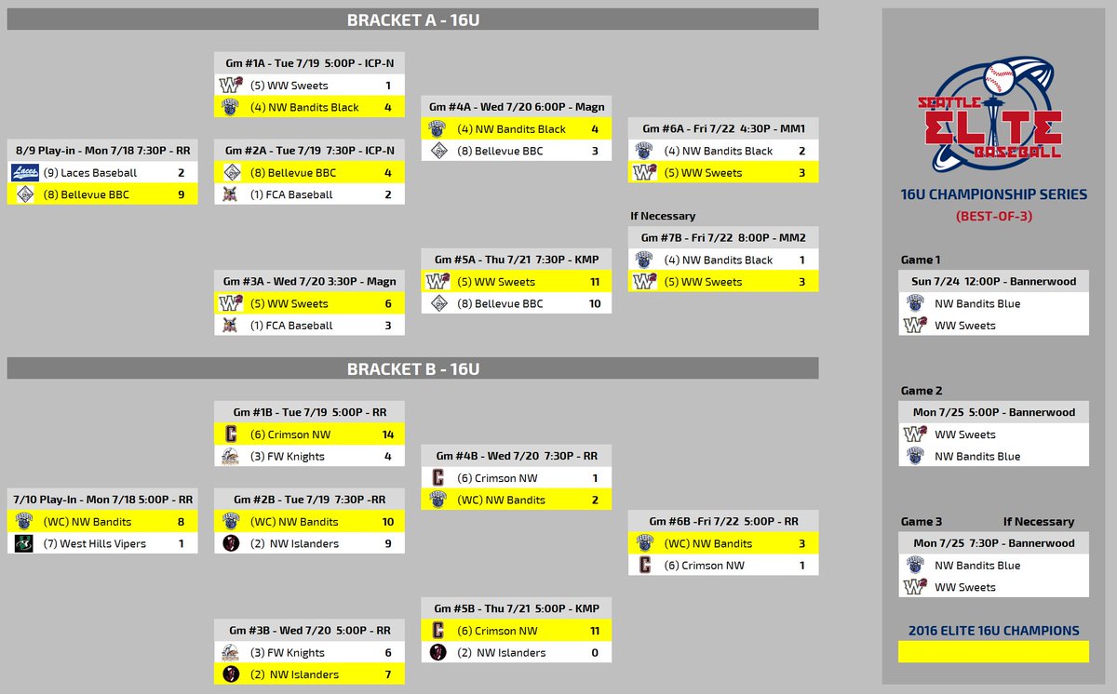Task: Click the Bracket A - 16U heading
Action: coord(413,20)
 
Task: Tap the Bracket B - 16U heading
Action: coord(413,369)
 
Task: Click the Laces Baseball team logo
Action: coord(24,172)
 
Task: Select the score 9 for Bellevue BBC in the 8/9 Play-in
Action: coord(181,194)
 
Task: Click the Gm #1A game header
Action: coord(309,63)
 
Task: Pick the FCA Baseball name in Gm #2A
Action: coord(291,194)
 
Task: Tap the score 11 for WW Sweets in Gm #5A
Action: coord(595,282)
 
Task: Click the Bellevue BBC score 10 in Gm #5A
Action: coord(595,303)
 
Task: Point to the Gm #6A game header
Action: coord(723,128)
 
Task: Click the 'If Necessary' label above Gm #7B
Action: coord(662,216)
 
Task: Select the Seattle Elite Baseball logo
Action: coord(990,114)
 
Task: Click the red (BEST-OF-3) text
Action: coord(994,216)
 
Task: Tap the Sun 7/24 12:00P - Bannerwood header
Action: coord(993,281)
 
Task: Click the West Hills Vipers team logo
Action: coord(23,543)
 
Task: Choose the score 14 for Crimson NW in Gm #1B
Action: coord(387,434)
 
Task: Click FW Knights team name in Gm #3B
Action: coord(288,653)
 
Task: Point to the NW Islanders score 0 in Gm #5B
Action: coord(595,653)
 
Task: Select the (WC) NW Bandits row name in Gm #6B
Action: coord(708,543)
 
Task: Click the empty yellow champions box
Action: coord(993,651)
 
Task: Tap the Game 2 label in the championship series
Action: coord(921,391)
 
